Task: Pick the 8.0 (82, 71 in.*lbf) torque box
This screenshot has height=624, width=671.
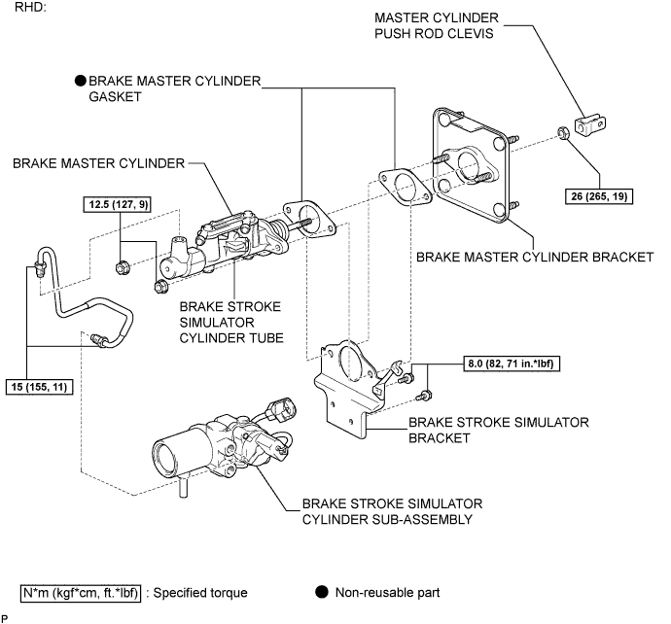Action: [512, 364]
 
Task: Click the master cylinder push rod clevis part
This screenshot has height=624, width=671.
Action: [590, 124]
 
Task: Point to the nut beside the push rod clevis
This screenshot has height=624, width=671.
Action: [564, 133]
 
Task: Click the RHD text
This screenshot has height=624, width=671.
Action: [30, 7]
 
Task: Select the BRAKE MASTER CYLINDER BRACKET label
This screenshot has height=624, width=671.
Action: [535, 257]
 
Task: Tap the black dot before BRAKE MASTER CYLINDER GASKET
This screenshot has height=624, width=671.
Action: [81, 81]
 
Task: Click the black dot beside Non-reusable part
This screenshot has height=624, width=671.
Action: [322, 592]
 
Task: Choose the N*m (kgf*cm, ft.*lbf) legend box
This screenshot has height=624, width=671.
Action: [81, 593]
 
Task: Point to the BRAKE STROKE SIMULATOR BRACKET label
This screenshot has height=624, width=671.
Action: [499, 430]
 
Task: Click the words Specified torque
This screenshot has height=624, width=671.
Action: [200, 593]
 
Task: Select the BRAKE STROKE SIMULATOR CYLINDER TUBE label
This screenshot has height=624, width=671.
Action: [231, 322]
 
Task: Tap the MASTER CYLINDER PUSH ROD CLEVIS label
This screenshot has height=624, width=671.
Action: [437, 25]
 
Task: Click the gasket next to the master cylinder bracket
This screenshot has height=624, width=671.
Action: [405, 187]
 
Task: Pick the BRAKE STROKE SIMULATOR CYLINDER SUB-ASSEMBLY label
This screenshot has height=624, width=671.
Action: [393, 511]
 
